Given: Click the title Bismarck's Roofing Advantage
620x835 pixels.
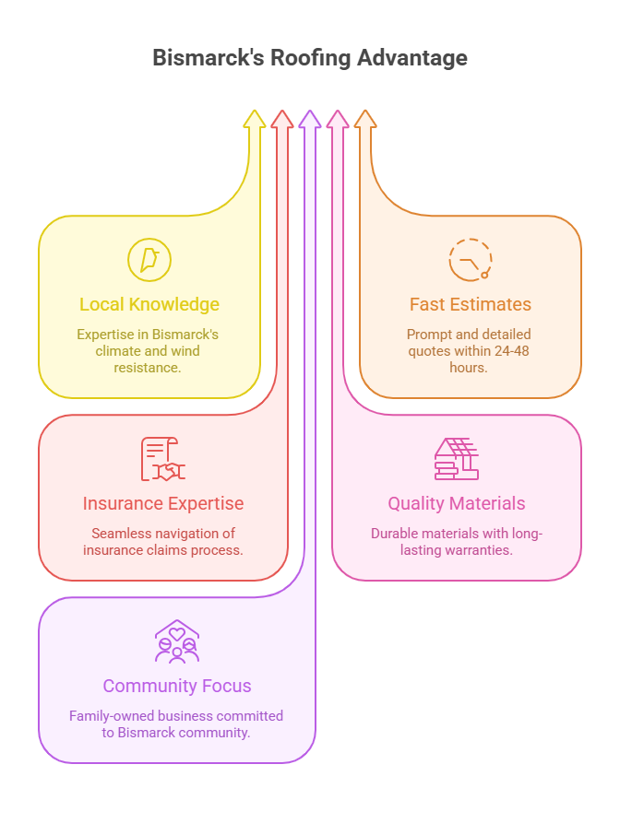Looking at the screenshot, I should (310, 58).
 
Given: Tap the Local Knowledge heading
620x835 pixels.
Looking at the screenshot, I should (149, 304).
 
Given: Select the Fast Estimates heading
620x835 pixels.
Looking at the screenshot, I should (471, 304).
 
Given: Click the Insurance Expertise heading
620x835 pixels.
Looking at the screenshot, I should (163, 503).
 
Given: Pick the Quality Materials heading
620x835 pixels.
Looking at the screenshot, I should (457, 503).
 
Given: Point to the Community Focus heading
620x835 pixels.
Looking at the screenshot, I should (177, 686).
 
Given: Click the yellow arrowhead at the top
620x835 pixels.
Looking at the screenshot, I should (255, 119).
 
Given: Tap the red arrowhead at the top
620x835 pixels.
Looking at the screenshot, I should (282, 119).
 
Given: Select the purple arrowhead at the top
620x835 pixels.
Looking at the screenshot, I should (310, 119).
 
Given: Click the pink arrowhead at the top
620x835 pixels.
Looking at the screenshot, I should (338, 119).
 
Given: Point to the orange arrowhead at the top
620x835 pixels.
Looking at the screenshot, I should (365, 119).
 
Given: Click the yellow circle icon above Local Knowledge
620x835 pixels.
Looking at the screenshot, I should (149, 259).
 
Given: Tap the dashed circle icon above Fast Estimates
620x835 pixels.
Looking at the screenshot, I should (471, 259).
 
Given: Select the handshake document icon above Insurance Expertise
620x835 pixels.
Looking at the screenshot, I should (163, 459).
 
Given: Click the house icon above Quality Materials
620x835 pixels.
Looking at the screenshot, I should (457, 459).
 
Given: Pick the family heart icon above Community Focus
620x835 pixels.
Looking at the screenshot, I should (177, 641).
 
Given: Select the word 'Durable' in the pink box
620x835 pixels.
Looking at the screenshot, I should (396, 533).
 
